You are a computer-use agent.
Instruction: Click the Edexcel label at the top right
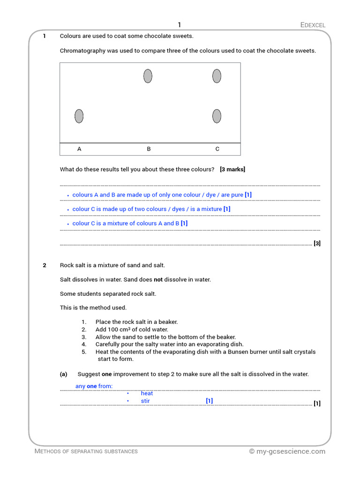[x=313, y=25]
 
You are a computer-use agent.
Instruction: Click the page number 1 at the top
[x=179, y=25]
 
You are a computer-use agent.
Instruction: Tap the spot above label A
[x=79, y=116]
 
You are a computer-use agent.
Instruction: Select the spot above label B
[x=148, y=76]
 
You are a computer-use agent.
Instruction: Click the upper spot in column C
[x=217, y=76]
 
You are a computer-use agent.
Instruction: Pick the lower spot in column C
[x=217, y=116]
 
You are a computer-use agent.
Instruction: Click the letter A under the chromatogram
[x=79, y=149]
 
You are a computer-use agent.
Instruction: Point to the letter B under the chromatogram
[x=149, y=149]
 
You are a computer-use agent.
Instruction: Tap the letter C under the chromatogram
[x=217, y=149]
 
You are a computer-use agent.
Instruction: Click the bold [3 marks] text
[x=232, y=169]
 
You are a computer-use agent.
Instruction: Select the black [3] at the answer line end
[x=317, y=243]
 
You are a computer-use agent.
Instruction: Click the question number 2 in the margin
[x=45, y=265]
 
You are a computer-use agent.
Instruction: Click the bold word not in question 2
[x=158, y=279]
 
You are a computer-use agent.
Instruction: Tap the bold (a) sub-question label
[x=64, y=374]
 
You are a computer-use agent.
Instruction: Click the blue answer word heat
[x=147, y=393]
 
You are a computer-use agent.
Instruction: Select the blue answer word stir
[x=145, y=401]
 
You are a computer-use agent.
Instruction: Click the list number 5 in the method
[x=84, y=352]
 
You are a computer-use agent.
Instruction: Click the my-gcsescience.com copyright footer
[x=287, y=451]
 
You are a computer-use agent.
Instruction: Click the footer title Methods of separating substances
[x=86, y=451]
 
